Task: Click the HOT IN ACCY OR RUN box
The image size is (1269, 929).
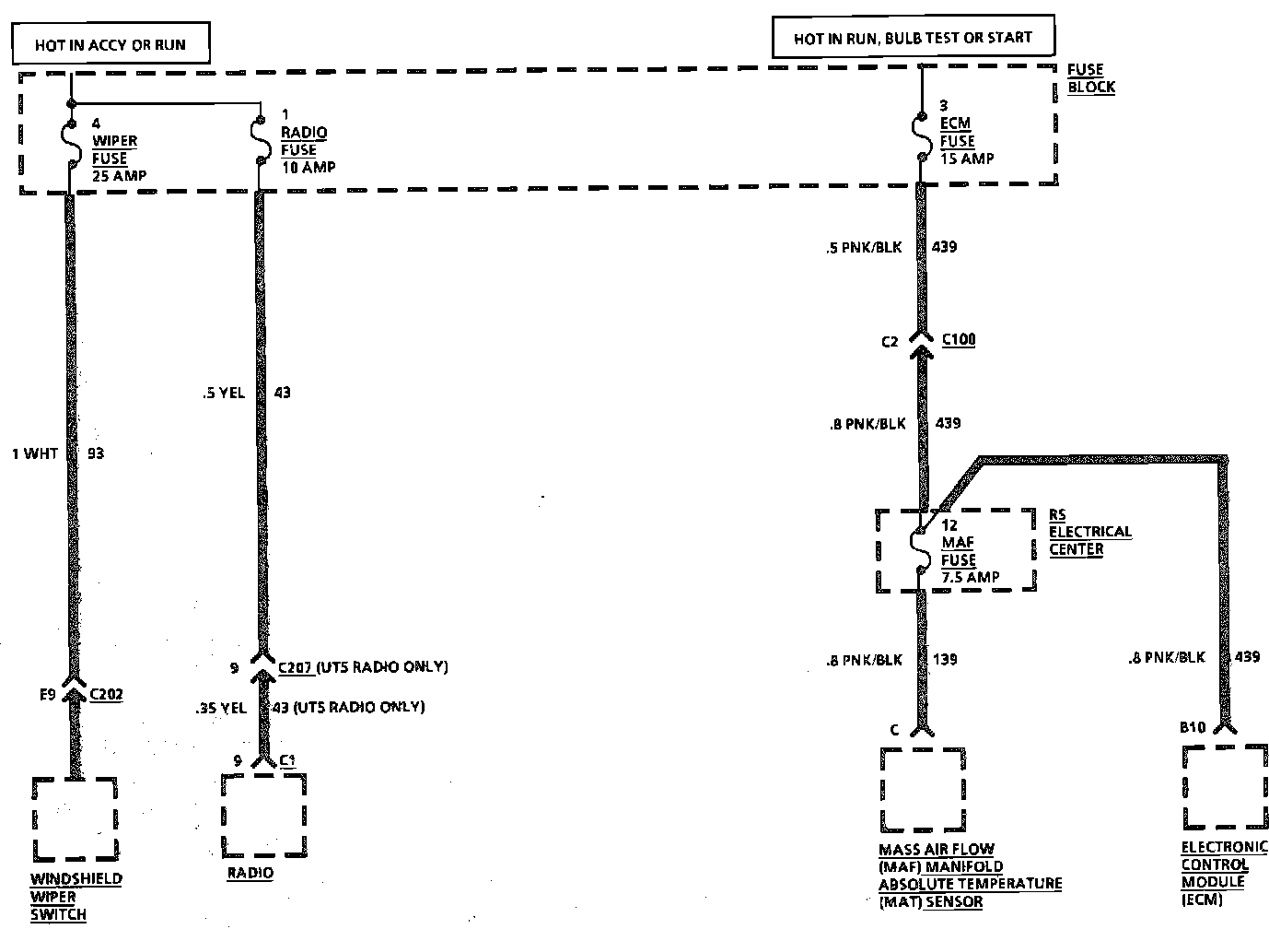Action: [x=111, y=44]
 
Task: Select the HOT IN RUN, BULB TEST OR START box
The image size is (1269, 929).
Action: [x=913, y=38]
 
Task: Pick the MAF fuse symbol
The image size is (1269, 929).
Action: [x=921, y=550]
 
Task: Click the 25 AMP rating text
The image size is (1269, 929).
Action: [x=119, y=175]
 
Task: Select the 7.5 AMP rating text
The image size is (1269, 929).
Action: [x=971, y=577]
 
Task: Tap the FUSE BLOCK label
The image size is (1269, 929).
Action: [x=1090, y=78]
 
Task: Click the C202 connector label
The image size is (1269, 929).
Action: [x=106, y=694]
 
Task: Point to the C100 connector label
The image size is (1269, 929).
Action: [x=958, y=340]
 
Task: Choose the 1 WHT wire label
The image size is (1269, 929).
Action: [x=35, y=453]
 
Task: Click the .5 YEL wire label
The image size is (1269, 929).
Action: [x=223, y=393]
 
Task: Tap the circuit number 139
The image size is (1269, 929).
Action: [x=945, y=659]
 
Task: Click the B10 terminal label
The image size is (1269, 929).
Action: [x=1193, y=727]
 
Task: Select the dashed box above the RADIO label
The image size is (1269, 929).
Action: [x=263, y=814]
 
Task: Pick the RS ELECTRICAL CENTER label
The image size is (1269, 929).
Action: [x=1089, y=532]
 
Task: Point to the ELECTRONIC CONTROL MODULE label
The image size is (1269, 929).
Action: [x=1224, y=873]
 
